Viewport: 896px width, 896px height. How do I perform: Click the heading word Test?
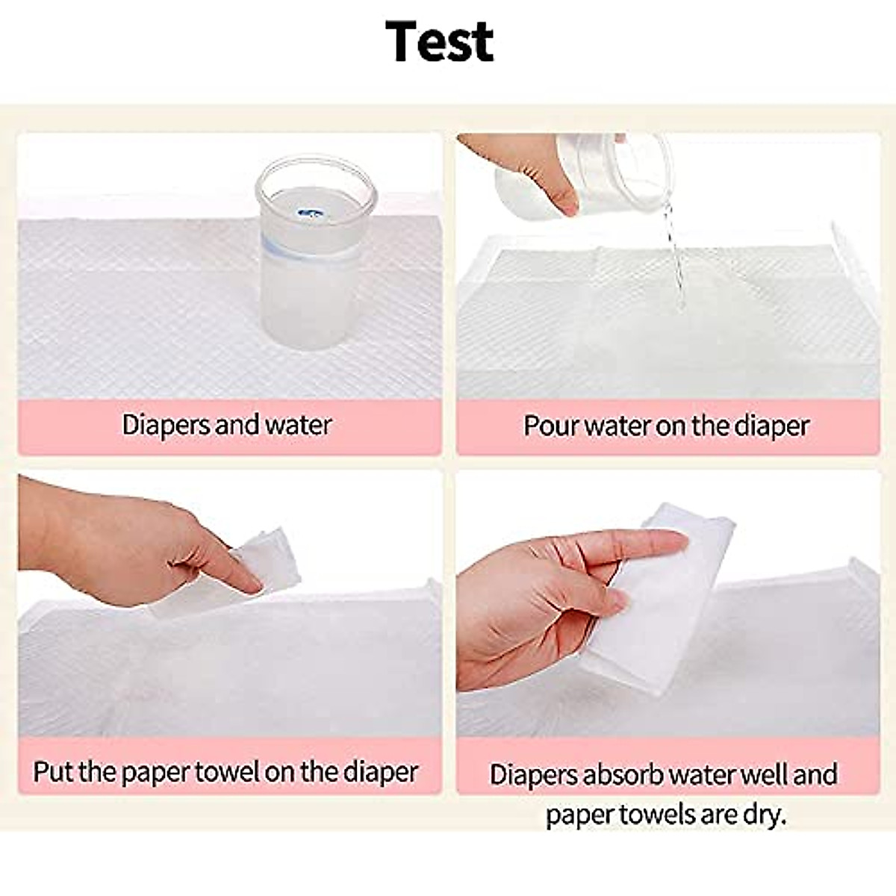coord(439,41)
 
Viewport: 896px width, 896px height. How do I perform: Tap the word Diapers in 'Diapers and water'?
coord(166,425)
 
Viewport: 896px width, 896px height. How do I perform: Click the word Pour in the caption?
coord(551,426)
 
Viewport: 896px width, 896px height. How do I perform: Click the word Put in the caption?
coord(53,771)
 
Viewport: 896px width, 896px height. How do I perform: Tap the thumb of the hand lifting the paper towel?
coord(597,597)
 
